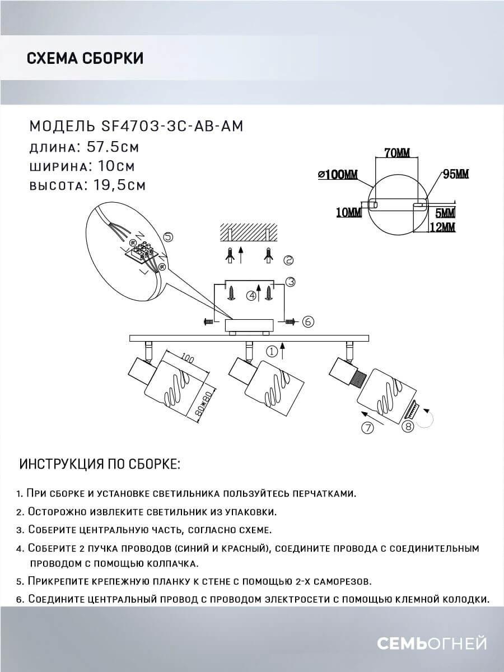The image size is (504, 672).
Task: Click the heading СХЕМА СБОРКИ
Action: tap(85, 58)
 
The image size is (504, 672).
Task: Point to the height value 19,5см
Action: tap(116, 185)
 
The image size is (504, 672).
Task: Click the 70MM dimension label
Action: tap(396, 152)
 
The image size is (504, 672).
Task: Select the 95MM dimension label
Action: tap(455, 174)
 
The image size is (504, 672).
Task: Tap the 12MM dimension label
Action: tap(442, 227)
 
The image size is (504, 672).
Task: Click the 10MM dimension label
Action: tap(348, 211)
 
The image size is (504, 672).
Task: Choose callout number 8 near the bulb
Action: tap(408, 427)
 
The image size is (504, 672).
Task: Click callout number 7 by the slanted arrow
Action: tap(367, 429)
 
